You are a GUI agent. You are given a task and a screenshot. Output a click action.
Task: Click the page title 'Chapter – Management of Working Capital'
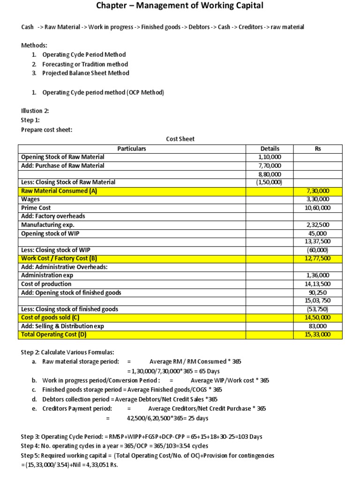coord(180,6)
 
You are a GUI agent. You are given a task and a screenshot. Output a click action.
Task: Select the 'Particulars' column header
coord(132,149)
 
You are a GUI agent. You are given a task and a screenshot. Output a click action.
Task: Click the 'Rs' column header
coord(318,149)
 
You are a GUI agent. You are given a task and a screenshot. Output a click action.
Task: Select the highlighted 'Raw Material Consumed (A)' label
coord(59,191)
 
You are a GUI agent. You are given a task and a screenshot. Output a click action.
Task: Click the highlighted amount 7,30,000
coord(318,191)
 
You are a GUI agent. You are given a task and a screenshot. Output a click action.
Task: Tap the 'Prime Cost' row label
coord(36,208)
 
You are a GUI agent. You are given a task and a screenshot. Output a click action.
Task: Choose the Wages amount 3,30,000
coord(318,199)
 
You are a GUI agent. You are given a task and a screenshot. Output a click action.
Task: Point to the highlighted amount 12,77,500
coord(318,258)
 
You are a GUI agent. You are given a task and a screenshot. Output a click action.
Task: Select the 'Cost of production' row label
coord(46,284)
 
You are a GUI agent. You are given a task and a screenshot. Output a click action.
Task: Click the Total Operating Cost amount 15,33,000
coord(318,334)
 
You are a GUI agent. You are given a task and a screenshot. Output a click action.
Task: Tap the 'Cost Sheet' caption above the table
coord(180,139)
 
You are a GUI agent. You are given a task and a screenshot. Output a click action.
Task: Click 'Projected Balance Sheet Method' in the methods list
coord(86,73)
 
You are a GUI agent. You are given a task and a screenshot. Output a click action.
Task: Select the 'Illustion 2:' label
coord(35,111)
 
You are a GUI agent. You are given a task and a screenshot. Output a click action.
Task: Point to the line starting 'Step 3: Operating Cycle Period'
coord(142,436)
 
